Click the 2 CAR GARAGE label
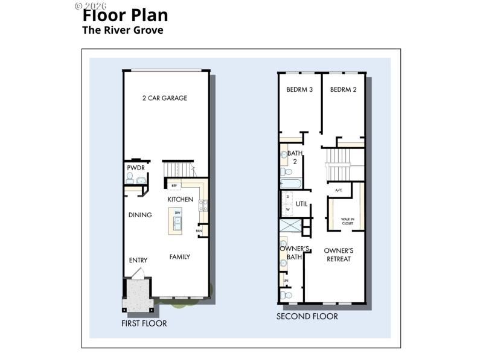164,98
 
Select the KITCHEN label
180,199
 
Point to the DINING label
140,215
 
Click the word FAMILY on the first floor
179,256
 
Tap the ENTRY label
138,260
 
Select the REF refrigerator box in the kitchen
174,185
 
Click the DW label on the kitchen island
178,213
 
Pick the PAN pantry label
199,231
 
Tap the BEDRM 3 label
299,89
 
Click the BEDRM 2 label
343,89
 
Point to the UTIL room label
302,204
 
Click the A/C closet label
339,190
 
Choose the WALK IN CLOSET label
347,221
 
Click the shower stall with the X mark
290,226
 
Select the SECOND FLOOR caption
307,316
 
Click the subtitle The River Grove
123,30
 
